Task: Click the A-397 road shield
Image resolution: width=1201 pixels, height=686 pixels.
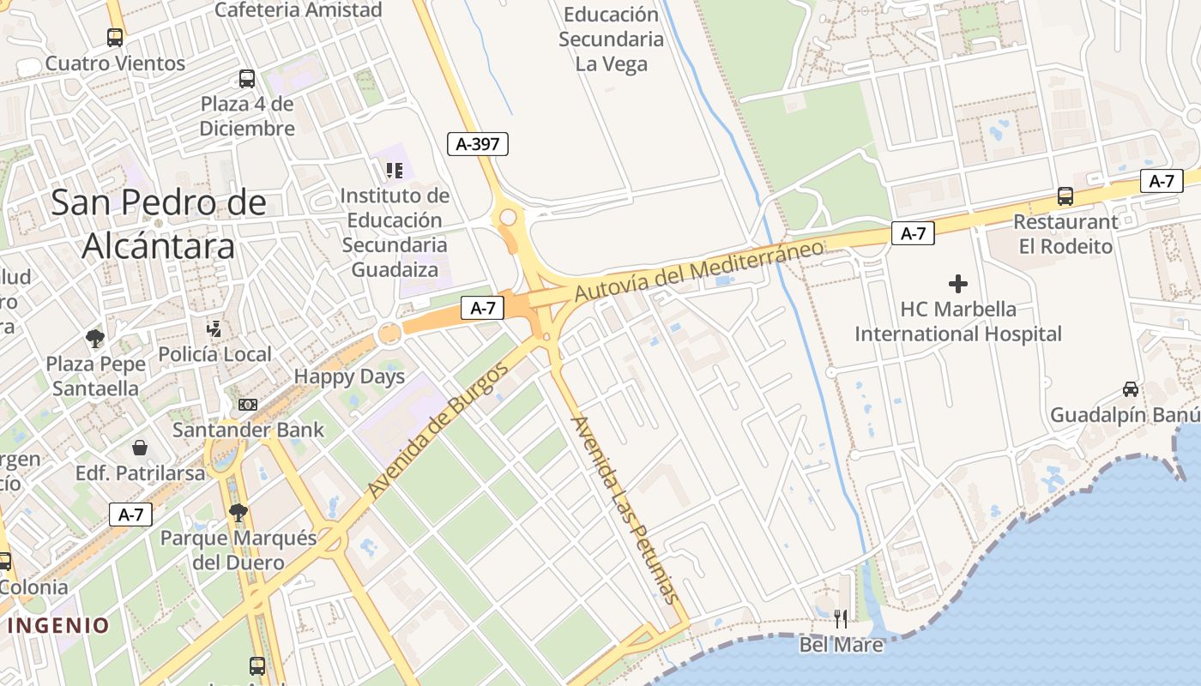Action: (478, 144)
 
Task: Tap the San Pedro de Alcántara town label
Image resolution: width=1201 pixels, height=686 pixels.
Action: (159, 224)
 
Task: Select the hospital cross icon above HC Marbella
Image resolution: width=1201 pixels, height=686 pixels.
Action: (958, 283)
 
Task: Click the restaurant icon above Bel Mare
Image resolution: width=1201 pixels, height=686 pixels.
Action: (841, 618)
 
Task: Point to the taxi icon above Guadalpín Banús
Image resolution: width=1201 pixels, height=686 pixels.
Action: (1131, 389)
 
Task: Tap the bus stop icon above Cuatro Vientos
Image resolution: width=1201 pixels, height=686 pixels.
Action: (115, 38)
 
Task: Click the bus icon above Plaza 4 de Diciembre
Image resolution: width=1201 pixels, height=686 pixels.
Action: (247, 79)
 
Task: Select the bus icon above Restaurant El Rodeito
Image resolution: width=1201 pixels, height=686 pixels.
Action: (1065, 196)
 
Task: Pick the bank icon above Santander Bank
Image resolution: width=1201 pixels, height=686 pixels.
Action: (248, 405)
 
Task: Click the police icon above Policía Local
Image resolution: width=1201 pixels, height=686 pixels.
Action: (214, 328)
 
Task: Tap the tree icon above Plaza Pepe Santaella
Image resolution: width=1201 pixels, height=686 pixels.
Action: (94, 338)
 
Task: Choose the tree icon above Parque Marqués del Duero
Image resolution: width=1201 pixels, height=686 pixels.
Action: (238, 513)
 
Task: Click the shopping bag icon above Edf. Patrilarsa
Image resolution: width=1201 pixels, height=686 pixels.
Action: (140, 448)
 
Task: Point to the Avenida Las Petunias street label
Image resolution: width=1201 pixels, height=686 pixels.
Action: (625, 510)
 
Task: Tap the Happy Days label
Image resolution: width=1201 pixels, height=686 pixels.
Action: (349, 376)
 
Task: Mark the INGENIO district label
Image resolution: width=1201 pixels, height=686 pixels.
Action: (58, 625)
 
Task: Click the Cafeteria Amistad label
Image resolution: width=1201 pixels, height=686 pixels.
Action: (298, 10)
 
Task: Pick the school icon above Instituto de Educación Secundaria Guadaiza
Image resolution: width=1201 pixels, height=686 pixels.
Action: (394, 171)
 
